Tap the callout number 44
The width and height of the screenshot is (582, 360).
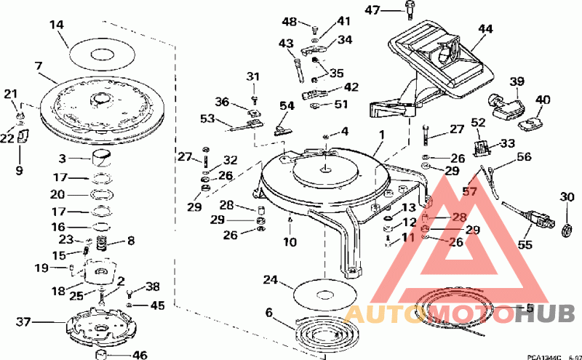click(x=485, y=29)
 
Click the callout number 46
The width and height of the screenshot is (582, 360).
click(x=139, y=356)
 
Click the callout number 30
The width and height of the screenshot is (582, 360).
click(x=567, y=196)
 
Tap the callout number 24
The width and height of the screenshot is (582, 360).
click(x=271, y=279)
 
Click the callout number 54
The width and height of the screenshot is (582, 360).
click(x=287, y=106)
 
